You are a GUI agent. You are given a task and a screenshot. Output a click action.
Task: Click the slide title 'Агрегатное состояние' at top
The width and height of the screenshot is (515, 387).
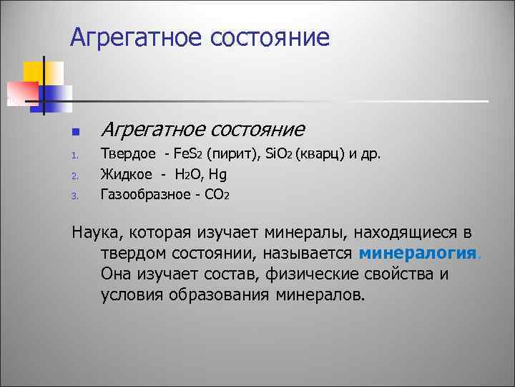point(200,37)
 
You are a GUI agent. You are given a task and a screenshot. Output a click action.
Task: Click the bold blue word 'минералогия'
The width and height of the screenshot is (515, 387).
point(417,254)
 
